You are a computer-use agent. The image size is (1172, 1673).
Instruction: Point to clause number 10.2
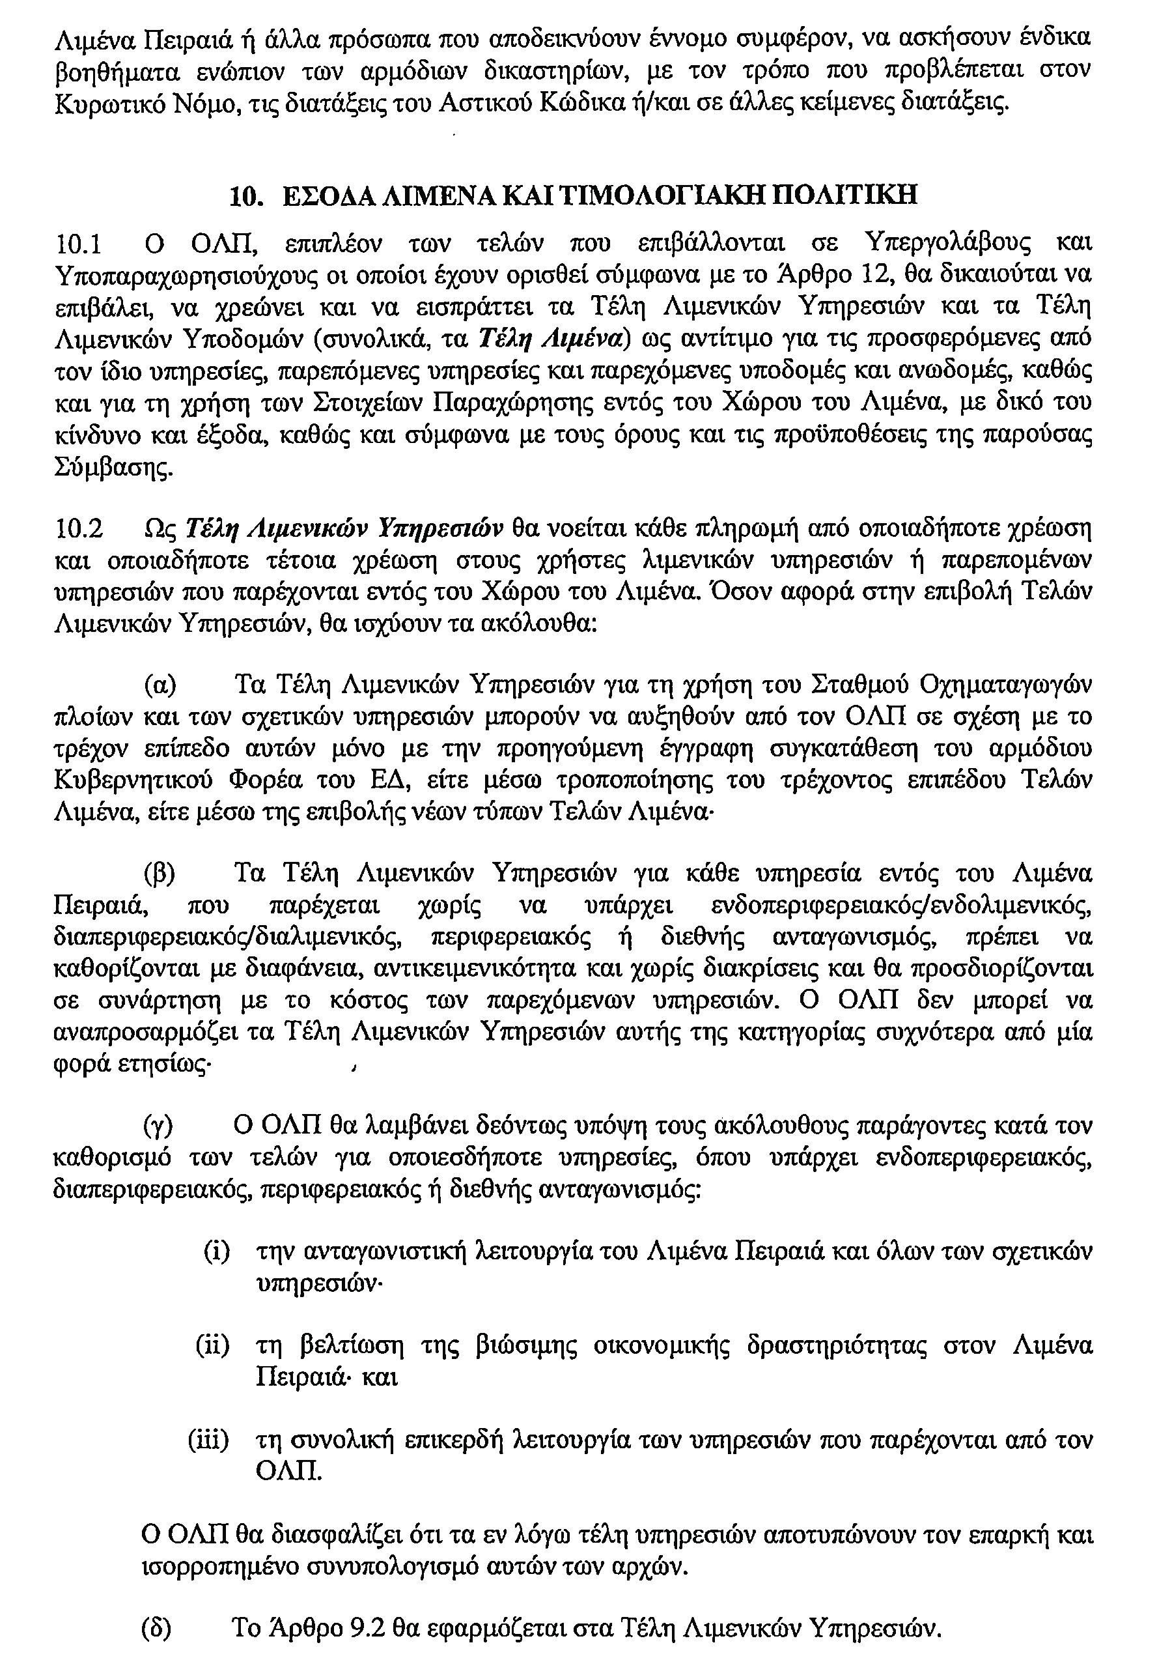pyautogui.click(x=79, y=527)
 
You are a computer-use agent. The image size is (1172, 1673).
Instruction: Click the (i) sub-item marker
pyautogui.click(x=216, y=1253)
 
